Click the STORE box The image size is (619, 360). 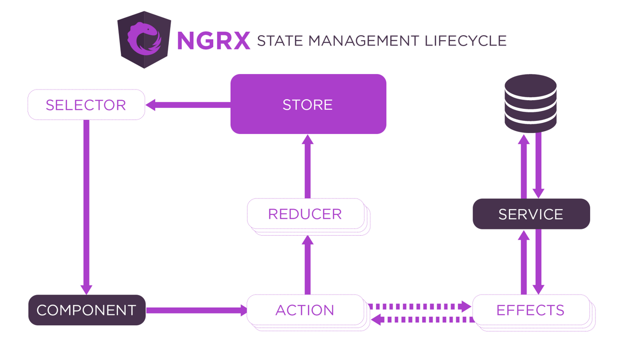308,104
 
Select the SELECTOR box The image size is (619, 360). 86,105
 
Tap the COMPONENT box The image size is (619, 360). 87,310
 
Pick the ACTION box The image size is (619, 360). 305,310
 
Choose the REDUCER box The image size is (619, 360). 305,214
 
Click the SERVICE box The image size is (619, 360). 531,214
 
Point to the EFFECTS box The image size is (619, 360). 531,310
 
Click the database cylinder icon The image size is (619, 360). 531,103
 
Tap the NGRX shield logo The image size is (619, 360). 144,40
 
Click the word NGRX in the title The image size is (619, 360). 213,41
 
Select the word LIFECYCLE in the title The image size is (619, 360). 466,41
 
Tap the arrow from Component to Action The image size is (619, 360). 196,310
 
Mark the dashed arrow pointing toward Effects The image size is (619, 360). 419,306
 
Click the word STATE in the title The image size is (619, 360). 280,41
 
